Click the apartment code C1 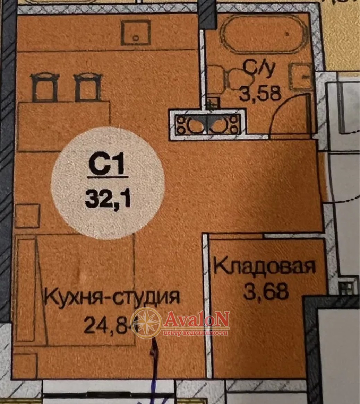click(106, 164)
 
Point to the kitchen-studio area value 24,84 click(111, 325)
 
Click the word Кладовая click(264, 266)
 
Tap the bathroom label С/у click(259, 69)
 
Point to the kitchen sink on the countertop click(136, 33)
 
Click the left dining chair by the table click(45, 87)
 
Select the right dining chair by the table click(88, 88)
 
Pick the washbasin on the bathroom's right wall click(301, 77)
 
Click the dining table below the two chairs click(64, 126)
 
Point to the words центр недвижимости click(196, 333)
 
